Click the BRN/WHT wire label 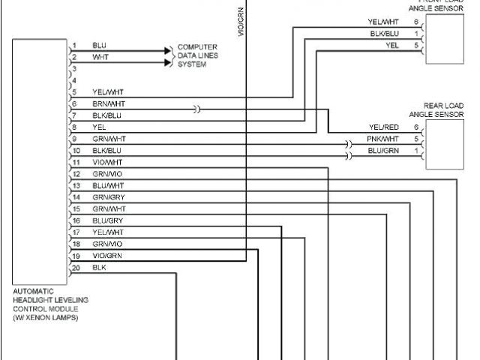[109, 103]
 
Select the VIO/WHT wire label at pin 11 [107, 161]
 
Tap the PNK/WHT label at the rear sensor [382, 139]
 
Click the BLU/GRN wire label [382, 151]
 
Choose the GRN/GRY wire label [109, 196]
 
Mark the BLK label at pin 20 [100, 267]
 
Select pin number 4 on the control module [74, 79]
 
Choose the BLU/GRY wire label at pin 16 [107, 220]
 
